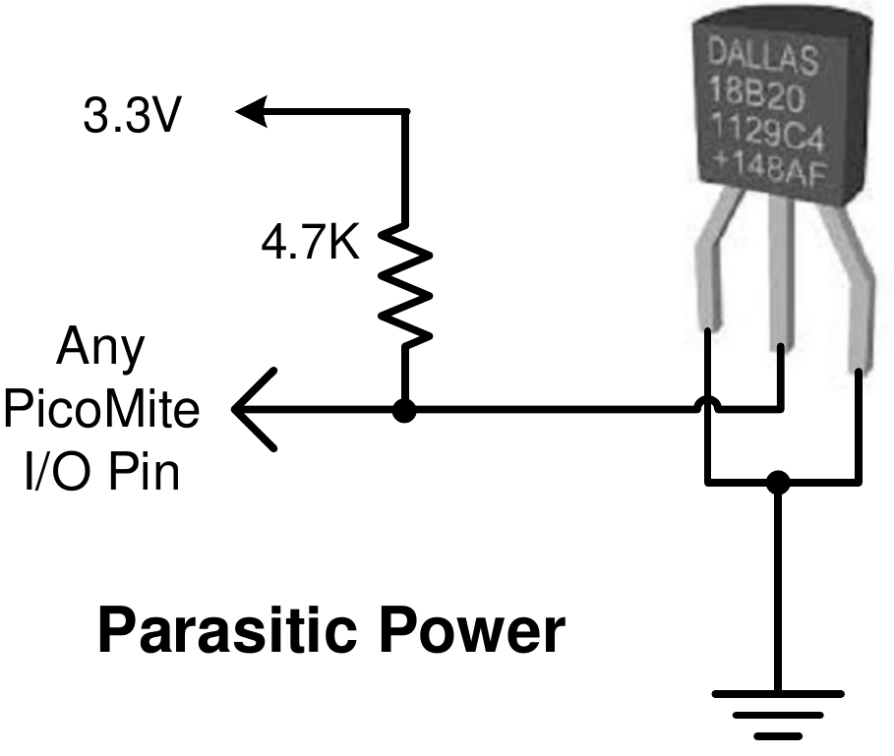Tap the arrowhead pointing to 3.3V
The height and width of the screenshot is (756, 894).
252,112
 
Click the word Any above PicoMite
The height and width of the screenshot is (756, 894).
101,348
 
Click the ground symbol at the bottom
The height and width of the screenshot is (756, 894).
777,712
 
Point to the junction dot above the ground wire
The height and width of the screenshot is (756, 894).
778,483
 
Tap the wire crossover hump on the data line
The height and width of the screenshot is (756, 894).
706,404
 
